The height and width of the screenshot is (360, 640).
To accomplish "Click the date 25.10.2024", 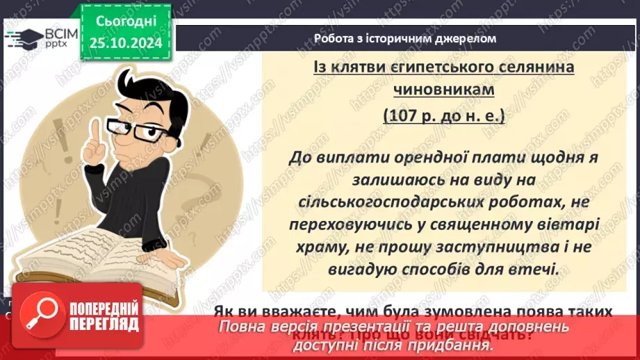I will coord(125,44).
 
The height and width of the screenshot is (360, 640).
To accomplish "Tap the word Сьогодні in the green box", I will coord(125,22).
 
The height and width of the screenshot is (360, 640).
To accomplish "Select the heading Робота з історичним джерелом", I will coord(405,39).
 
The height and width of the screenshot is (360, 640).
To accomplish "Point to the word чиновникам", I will coord(443,90).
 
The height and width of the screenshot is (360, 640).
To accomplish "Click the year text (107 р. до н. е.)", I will coord(444,115).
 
